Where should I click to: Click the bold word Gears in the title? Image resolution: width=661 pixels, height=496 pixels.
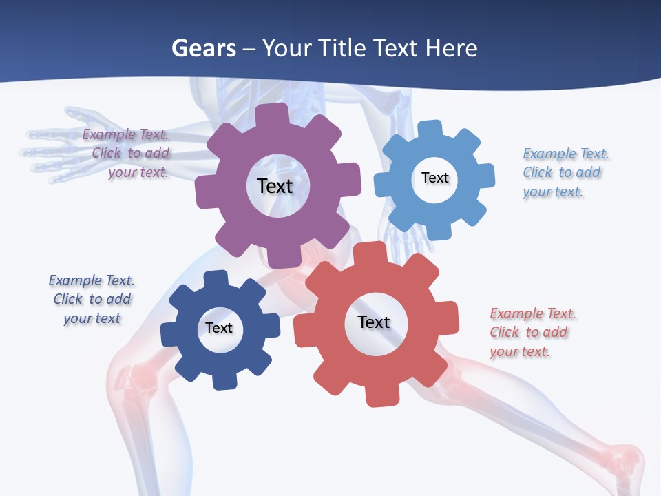pyautogui.click(x=203, y=48)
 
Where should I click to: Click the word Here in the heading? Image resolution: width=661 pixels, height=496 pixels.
pyautogui.click(x=451, y=48)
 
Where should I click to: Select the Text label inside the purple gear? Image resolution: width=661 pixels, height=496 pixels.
pyautogui.click(x=275, y=186)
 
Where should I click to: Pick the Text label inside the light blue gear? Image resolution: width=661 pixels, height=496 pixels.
pyautogui.click(x=434, y=178)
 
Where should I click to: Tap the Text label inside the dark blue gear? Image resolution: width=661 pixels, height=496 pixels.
pyautogui.click(x=219, y=328)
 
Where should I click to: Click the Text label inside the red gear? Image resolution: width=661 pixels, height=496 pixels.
pyautogui.click(x=374, y=322)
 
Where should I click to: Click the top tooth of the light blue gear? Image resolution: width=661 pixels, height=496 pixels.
pyautogui.click(x=430, y=130)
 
